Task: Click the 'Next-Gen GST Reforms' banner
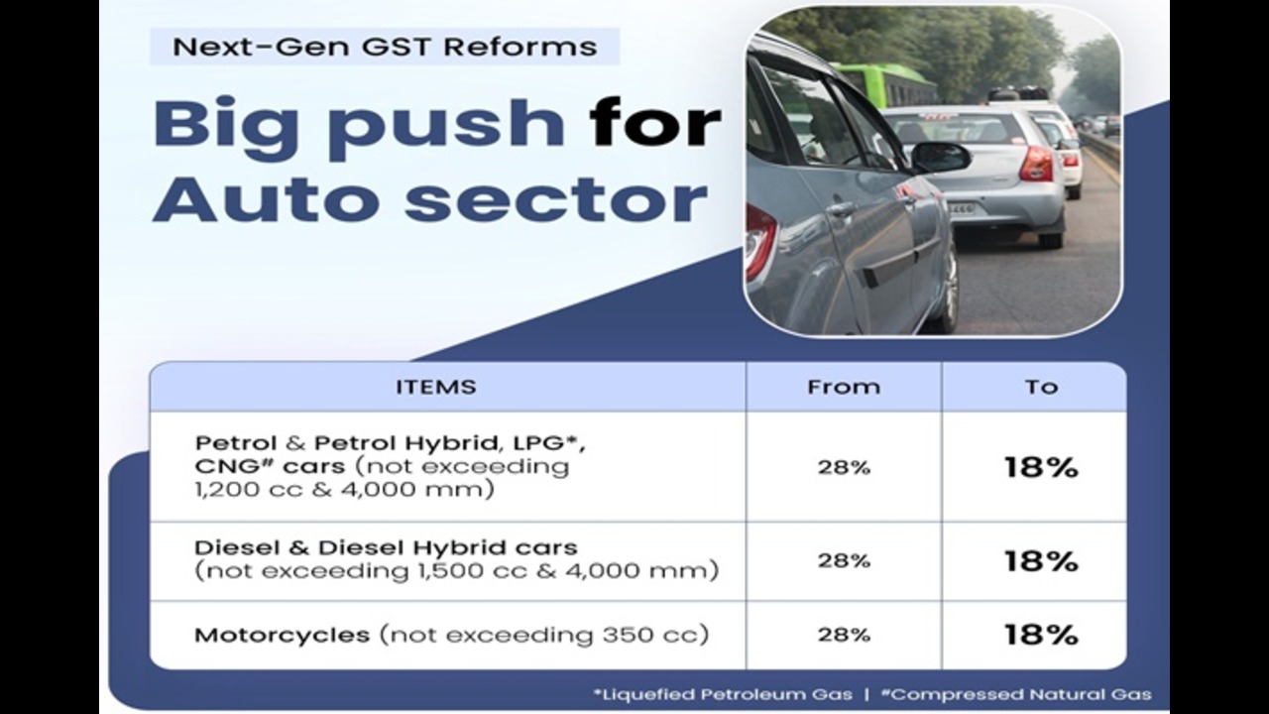pyautogui.click(x=385, y=47)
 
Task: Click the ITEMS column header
pyautogui.click(x=435, y=387)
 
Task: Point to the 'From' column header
pyautogui.click(x=844, y=387)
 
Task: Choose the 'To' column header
pyautogui.click(x=1041, y=387)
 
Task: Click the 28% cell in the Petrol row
pyautogui.click(x=844, y=467)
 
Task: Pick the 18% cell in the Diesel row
pyautogui.click(x=1041, y=561)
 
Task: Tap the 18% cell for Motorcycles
pyautogui.click(x=1041, y=635)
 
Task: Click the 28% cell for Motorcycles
pyautogui.click(x=844, y=635)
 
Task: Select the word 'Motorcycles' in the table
pyautogui.click(x=283, y=636)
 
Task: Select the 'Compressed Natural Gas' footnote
pyautogui.click(x=1016, y=695)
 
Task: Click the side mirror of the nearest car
pyautogui.click(x=941, y=157)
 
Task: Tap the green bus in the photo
pyautogui.click(x=883, y=85)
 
